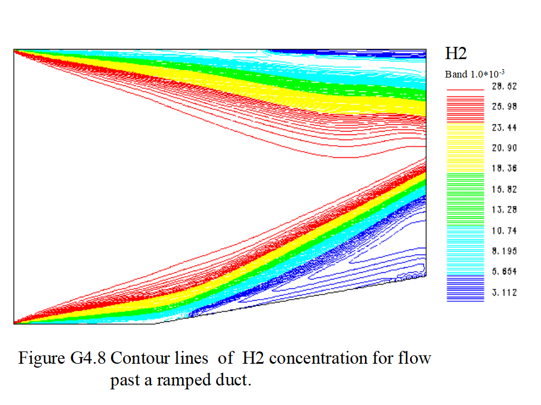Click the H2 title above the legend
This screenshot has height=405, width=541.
pos(456,54)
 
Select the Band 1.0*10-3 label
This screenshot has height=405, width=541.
pos(475,74)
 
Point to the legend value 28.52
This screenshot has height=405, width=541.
pos(504,86)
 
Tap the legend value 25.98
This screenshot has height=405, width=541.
pos(504,107)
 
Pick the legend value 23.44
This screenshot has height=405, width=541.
pos(504,128)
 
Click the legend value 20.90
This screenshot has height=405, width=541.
pos(504,148)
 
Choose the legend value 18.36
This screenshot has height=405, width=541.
pos(504,168)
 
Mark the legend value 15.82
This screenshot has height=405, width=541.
pos(504,189)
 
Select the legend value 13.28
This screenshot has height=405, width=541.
pos(504,210)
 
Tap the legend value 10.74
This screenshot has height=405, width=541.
pos(504,230)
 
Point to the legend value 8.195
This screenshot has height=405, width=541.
pos(504,251)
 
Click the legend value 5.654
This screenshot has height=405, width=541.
pos(504,272)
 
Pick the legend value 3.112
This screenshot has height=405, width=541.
pos(504,293)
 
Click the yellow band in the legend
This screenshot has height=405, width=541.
pos(465,148)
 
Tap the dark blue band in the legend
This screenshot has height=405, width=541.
pos(465,288)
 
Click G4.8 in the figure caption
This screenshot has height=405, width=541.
pos(88,358)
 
